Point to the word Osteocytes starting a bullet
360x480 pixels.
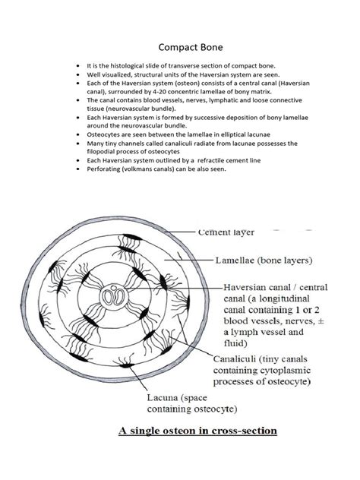coord(104,134)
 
